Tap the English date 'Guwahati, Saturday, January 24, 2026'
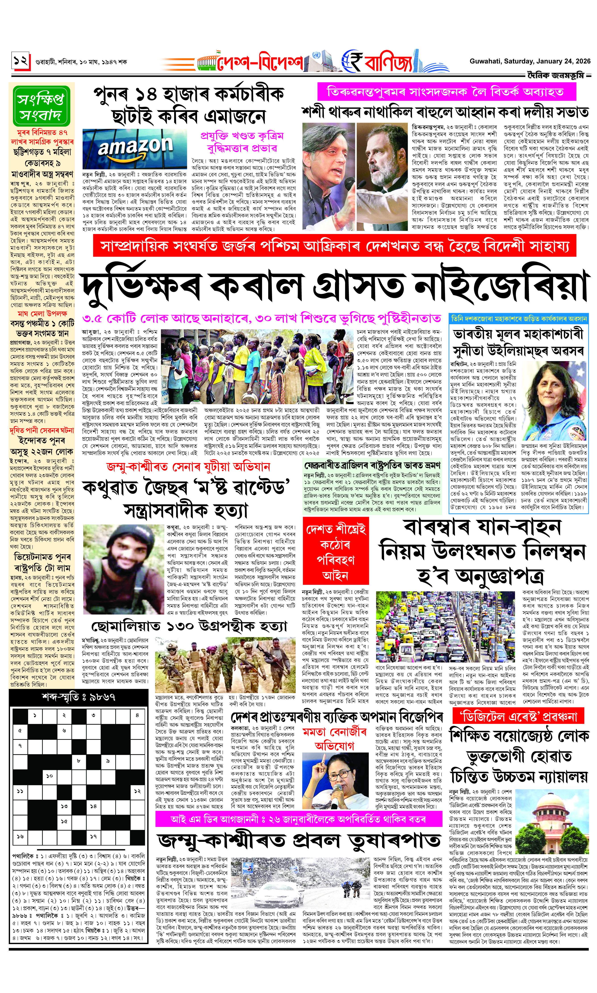530,61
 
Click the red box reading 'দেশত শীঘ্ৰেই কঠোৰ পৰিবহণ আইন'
335,552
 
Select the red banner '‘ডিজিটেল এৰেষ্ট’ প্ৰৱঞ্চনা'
515,716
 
